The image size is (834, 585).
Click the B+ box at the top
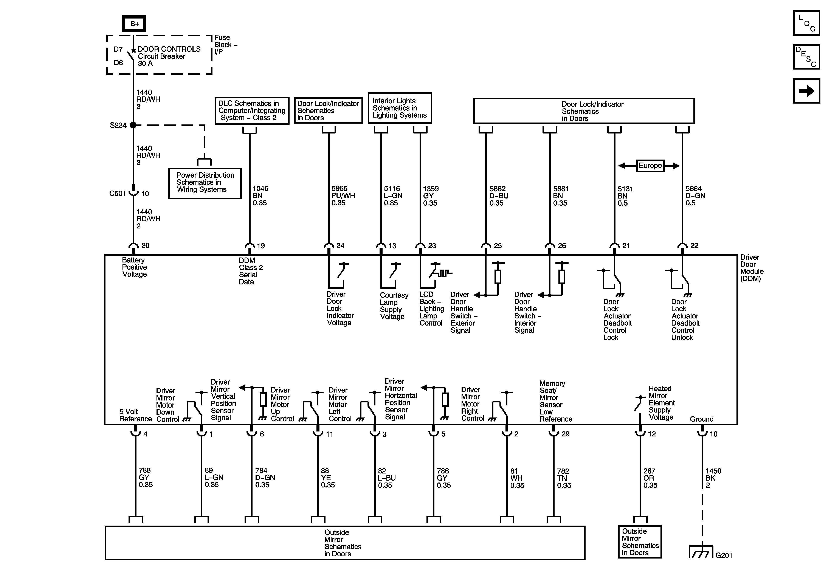(134, 24)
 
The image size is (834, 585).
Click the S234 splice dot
(133, 125)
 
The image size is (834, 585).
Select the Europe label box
(650, 166)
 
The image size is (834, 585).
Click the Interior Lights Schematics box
(400, 108)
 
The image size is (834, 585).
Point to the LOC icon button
(806, 23)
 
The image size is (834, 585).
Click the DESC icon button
(806, 57)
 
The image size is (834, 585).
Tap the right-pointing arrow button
(806, 91)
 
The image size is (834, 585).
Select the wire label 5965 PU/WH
(343, 196)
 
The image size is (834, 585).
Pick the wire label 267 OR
(650, 478)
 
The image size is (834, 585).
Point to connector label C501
(118, 193)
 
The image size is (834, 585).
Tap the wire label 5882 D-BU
(499, 196)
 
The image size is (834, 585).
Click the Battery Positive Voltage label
(134, 267)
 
